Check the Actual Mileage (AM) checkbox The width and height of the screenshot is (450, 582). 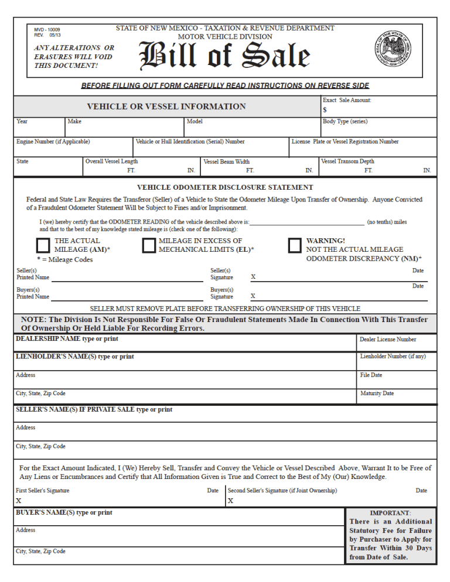coord(43,245)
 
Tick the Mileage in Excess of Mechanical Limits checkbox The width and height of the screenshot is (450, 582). coord(148,245)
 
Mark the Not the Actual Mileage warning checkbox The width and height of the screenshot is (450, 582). coord(295,245)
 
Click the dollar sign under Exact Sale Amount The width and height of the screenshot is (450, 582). coord(325,109)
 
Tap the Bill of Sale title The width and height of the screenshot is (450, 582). coord(224,57)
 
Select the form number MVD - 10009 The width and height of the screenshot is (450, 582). coord(47,29)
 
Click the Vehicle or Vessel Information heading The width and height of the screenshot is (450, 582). coord(166,107)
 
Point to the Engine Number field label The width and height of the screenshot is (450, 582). coord(53,142)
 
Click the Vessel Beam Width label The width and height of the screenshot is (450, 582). coord(226,162)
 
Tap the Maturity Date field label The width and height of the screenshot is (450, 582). coord(377,393)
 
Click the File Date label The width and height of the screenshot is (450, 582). coord(371,375)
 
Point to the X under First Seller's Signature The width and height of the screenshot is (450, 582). coord(18,501)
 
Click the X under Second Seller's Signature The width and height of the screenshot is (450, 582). coord(230,501)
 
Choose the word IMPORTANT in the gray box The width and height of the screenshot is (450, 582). coord(390,513)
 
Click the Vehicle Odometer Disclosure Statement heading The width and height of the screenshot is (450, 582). coord(225,187)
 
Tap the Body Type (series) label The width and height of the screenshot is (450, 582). coord(345,122)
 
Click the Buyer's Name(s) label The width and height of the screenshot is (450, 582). coord(64,513)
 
